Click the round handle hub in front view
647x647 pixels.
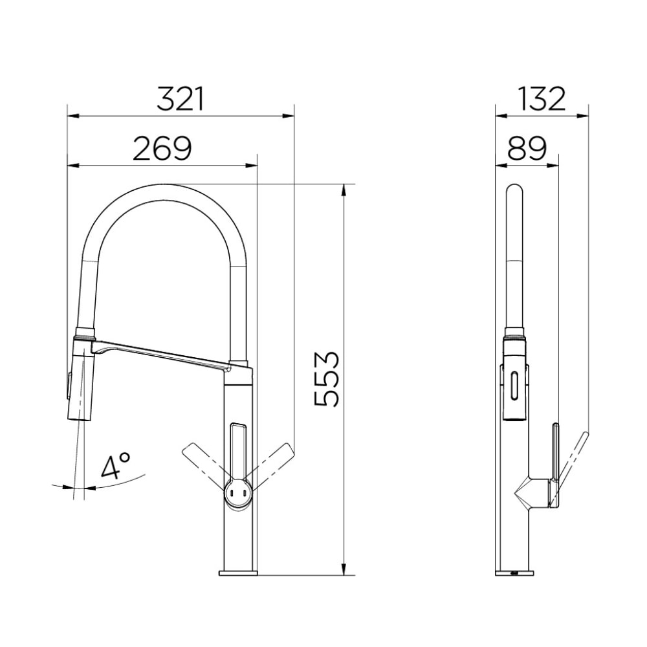[236, 494]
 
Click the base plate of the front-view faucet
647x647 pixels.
[238, 573]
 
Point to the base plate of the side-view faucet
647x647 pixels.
[516, 573]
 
